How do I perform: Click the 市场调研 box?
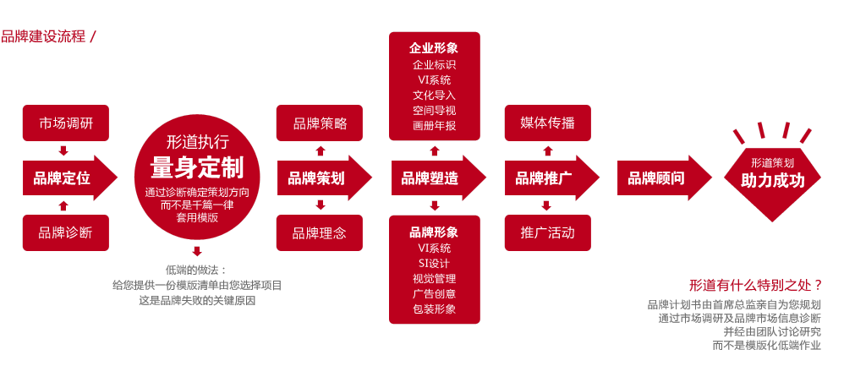tap(66, 123)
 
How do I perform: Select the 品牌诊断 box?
tap(66, 232)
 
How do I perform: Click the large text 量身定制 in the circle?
tap(196, 167)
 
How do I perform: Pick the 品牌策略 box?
tap(320, 123)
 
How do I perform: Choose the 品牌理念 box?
tap(320, 232)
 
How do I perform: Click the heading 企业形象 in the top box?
tap(434, 48)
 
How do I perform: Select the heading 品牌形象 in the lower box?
tap(434, 232)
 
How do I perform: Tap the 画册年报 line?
tap(434, 125)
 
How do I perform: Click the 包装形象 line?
tap(434, 309)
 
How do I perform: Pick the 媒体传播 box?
tap(547, 123)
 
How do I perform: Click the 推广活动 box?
tap(547, 232)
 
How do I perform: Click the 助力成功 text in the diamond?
tap(772, 180)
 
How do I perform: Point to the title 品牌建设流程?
tap(43, 36)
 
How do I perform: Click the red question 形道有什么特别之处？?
tap(754, 285)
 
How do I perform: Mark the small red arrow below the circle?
tap(197, 251)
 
